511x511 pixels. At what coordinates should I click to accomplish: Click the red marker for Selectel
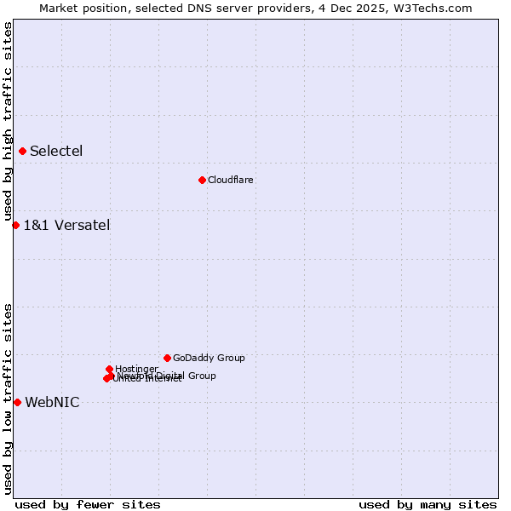coord(22,152)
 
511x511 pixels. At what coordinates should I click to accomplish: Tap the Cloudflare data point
coord(202,180)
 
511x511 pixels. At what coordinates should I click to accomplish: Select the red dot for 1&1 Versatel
coord(15,225)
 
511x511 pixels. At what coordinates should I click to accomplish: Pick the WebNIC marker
coord(17,402)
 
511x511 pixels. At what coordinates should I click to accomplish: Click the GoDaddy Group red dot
coord(167,358)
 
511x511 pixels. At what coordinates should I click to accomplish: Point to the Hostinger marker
coord(109,369)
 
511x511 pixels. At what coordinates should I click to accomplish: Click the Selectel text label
coord(56,152)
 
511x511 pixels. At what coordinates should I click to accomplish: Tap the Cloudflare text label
coord(231,180)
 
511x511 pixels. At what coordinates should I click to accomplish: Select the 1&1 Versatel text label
coord(66,226)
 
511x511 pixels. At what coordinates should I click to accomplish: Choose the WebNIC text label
coord(52,403)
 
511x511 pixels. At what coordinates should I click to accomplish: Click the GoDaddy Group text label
coord(209,359)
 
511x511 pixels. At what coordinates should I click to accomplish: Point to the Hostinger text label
coord(136,370)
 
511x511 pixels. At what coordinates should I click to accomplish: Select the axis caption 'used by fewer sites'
coord(88,504)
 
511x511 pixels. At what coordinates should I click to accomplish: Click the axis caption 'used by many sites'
coord(428,504)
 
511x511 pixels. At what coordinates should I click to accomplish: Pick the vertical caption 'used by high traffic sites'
coord(8,122)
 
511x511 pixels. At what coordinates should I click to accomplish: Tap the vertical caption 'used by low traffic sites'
coord(8,399)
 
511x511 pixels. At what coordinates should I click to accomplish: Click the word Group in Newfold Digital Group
coord(202,376)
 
